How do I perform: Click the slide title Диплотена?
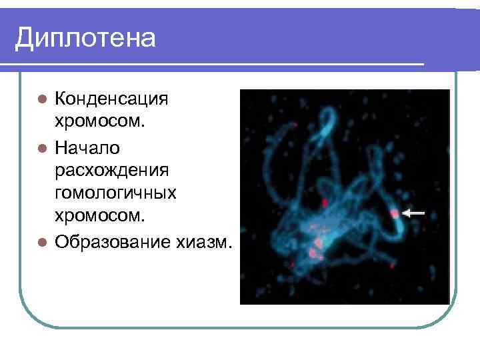(85, 38)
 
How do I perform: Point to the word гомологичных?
(115, 193)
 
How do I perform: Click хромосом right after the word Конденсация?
(103, 123)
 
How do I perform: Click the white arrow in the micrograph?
(415, 213)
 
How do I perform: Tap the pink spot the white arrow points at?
(394, 213)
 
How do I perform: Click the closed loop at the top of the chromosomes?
(327, 123)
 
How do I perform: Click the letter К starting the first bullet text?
(61, 99)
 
